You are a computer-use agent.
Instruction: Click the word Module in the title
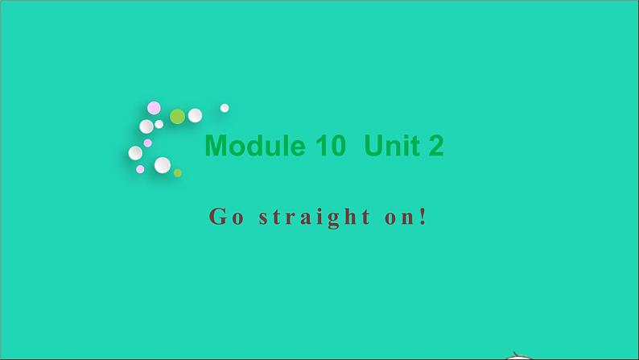[254, 146]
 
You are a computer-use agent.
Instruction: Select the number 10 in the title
[330, 146]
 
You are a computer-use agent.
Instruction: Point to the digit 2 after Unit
[435, 146]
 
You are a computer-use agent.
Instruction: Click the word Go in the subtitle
[225, 216]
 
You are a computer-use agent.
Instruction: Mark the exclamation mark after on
[423, 216]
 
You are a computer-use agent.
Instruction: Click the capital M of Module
[216, 146]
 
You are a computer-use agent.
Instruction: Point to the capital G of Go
[216, 216]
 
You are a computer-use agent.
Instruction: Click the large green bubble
[177, 116]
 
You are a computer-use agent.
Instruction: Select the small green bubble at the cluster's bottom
[178, 172]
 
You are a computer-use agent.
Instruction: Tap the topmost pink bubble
[154, 107]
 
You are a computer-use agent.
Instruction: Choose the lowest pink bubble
[140, 169]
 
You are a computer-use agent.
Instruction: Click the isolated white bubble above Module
[225, 108]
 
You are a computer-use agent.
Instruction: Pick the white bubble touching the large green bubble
[195, 115]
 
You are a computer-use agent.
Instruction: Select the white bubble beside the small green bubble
[163, 165]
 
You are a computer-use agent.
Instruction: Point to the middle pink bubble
[148, 143]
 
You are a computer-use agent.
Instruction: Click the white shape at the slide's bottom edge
[521, 355]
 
